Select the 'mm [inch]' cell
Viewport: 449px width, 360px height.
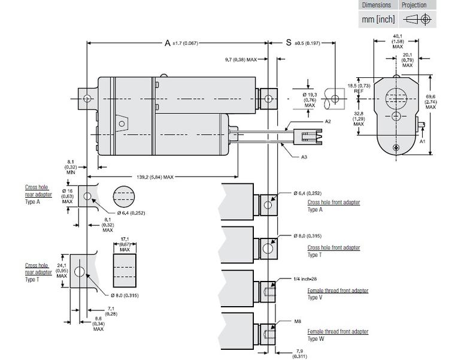[378, 19]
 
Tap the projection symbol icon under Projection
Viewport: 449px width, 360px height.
[415, 19]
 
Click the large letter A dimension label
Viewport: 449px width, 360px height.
[169, 43]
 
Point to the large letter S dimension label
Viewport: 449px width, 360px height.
[289, 43]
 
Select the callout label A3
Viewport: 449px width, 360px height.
[305, 157]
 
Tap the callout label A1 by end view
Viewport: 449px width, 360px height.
[422, 142]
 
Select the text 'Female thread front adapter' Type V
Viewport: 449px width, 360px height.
[338, 291]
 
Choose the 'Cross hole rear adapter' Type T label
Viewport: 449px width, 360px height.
[38, 269]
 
